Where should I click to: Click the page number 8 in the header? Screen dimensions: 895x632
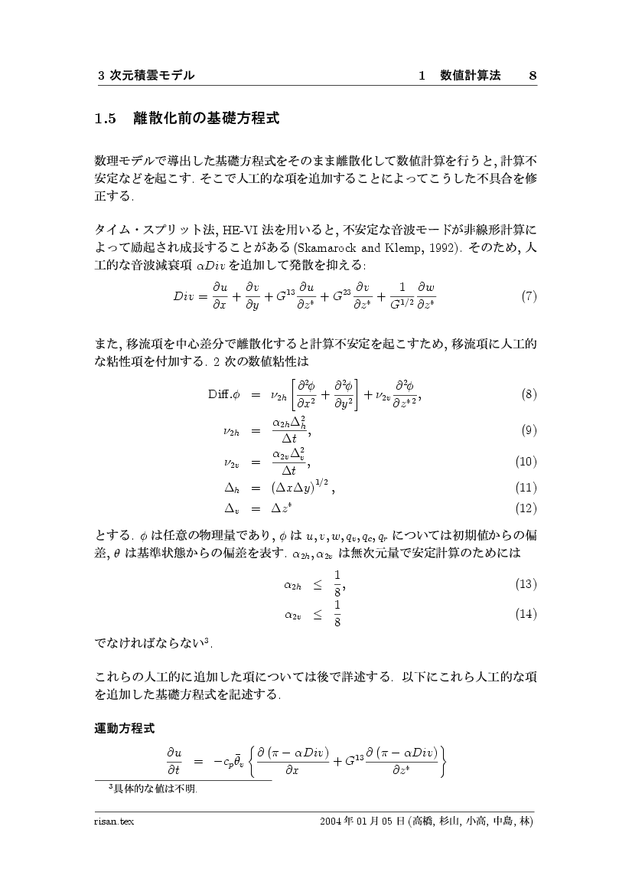pos(533,75)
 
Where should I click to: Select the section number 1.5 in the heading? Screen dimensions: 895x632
pos(104,119)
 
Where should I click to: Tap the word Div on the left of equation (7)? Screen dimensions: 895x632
pos(184,297)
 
